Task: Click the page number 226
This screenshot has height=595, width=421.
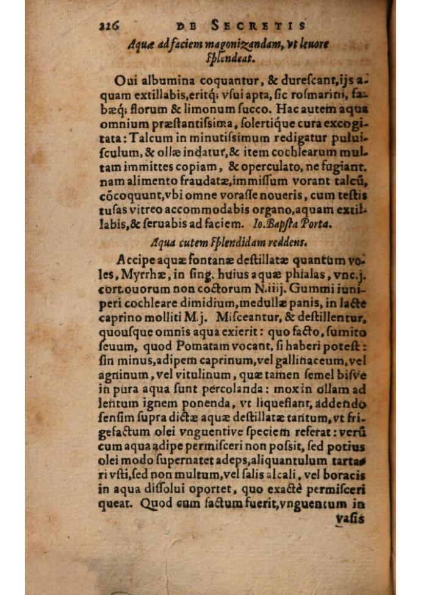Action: click(107, 26)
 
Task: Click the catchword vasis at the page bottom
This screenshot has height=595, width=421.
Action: click(350, 518)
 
